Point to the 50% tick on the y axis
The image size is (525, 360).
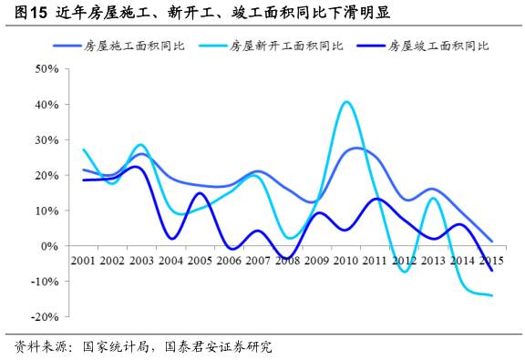coord(46,68)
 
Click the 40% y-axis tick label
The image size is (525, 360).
coord(46,104)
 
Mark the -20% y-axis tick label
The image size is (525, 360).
coord(45,317)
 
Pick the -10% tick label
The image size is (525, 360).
coord(45,282)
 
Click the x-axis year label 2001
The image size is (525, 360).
coord(83,261)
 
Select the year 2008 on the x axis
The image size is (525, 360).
coord(288,261)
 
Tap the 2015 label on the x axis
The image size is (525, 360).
coord(492,261)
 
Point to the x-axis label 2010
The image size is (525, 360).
coord(346,261)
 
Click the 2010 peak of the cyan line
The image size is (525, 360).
coord(346,102)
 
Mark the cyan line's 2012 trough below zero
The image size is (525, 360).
coord(405,272)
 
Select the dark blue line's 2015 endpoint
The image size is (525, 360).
coord(492,271)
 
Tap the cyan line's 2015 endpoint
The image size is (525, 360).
coord(492,295)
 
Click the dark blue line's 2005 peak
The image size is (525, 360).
coord(201,193)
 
